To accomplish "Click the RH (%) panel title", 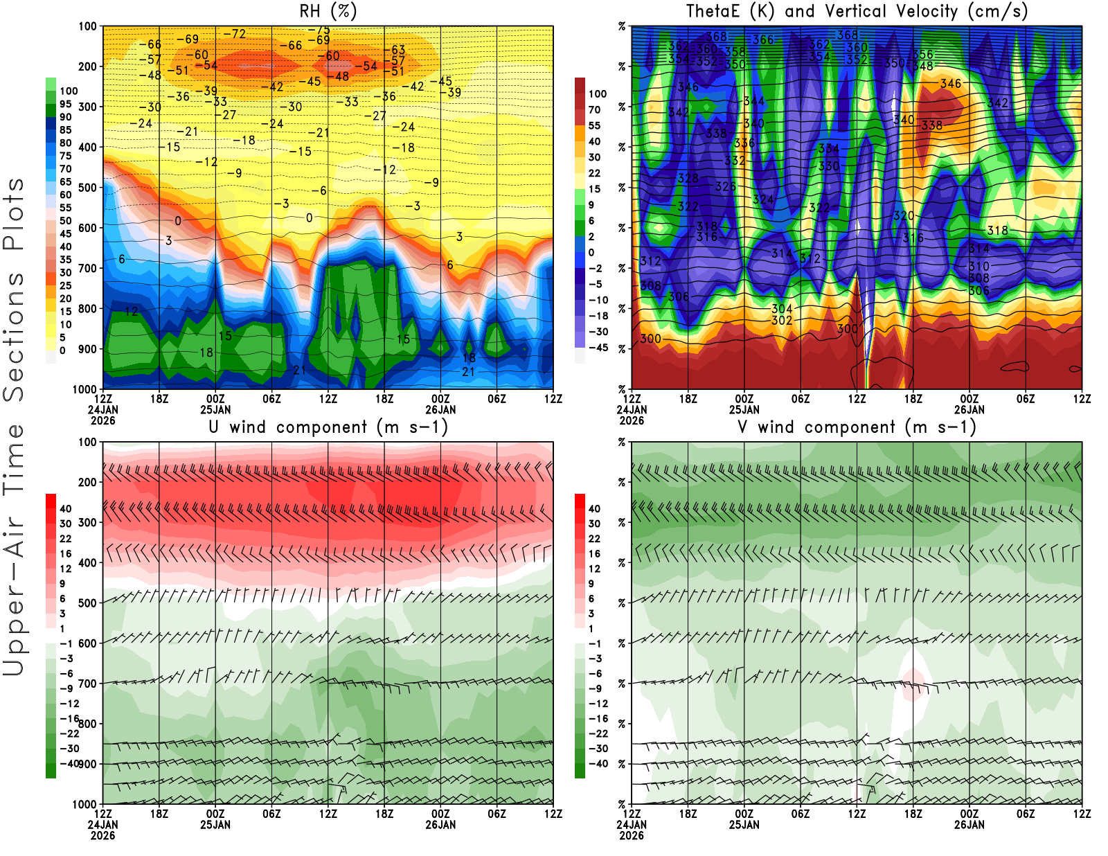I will (328, 12).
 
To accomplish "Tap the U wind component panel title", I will (328, 427).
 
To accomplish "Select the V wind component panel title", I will (857, 427).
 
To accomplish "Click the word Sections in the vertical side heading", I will (14, 337).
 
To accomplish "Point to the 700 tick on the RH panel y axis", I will (88, 268).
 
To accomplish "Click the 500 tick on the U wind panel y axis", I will (88, 603).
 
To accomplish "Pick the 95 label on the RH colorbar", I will (65, 104).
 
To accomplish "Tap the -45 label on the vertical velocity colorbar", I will (598, 348).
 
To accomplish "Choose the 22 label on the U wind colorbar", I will (65, 539).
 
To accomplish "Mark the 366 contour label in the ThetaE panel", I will (762, 40).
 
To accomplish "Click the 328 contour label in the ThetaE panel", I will (688, 179).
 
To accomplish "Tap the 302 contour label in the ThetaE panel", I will (782, 321).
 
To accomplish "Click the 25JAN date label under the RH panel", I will (215, 409).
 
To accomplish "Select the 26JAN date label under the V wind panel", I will (969, 825).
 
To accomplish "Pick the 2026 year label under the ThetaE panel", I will (632, 420).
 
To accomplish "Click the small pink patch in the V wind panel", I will (913, 684).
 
